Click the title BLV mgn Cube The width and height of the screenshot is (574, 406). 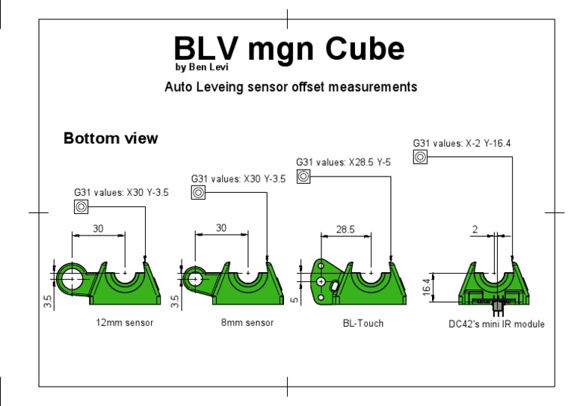289,49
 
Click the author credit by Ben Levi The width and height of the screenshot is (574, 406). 203,67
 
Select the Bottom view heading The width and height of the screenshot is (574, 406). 111,138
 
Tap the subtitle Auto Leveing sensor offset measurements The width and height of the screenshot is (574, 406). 290,87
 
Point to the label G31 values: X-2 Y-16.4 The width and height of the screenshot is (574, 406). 461,143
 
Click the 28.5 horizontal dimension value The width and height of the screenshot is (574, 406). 345,230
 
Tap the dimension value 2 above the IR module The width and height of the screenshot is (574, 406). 475,230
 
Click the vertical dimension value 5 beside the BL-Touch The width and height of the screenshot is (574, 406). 294,300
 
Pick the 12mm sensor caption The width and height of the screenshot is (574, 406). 125,323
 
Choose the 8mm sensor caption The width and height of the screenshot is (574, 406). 248,323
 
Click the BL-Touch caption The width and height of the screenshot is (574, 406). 357,324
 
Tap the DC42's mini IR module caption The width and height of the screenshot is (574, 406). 496,324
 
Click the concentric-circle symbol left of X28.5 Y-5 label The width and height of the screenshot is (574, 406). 303,176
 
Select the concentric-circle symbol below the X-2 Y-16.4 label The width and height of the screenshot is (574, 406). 420,157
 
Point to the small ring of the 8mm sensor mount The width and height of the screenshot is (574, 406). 194,278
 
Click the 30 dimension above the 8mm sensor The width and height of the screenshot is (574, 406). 220,228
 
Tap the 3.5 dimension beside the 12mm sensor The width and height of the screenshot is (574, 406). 48,301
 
